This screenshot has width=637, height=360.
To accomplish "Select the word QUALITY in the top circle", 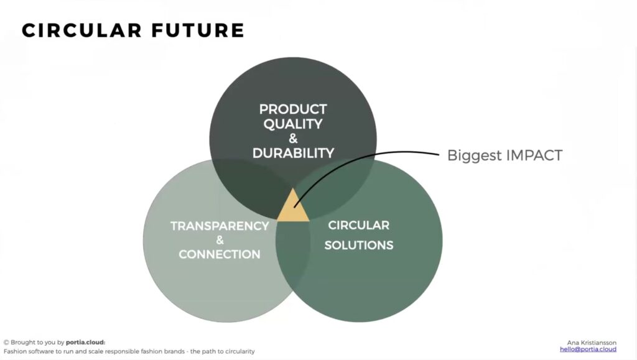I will pyautogui.click(x=293, y=124).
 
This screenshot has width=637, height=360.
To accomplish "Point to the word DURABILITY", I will pyautogui.click(x=293, y=153).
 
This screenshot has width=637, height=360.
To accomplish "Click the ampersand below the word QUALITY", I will pyautogui.click(x=293, y=139).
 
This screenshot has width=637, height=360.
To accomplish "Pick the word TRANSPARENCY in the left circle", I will pyautogui.click(x=220, y=226).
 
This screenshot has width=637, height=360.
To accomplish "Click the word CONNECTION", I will pyautogui.click(x=220, y=254).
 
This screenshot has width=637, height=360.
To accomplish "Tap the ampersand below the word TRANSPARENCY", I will pyautogui.click(x=220, y=240).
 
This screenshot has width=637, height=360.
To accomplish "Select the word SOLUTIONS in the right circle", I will pyautogui.click(x=359, y=245).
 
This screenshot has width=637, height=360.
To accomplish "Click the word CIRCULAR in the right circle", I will pyautogui.click(x=359, y=225).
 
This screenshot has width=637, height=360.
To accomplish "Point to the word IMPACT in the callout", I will pyautogui.click(x=532, y=155).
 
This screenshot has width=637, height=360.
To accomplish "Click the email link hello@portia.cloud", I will pyautogui.click(x=588, y=349).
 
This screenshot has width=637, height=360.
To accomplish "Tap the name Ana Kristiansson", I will pyautogui.click(x=592, y=342).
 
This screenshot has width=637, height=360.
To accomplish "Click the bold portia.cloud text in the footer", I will pyautogui.click(x=86, y=342).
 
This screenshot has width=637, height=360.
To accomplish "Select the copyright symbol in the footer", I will pyautogui.click(x=6, y=342).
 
